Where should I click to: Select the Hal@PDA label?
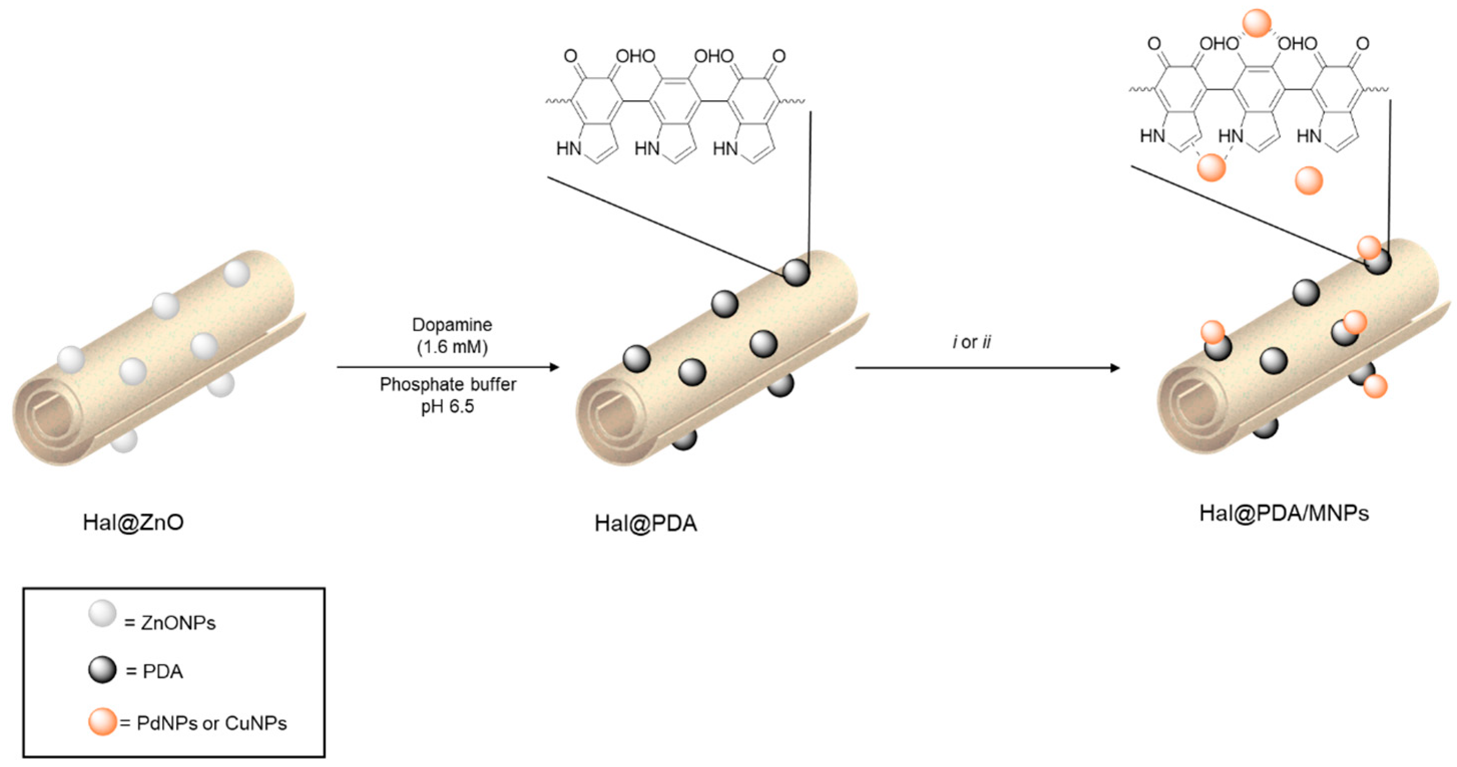click(645, 523)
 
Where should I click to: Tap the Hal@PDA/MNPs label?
click(1284, 513)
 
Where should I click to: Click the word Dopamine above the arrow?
click(452, 325)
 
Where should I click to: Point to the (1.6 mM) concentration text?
click(452, 346)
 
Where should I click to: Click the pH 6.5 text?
click(447, 406)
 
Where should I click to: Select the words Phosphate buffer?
click(447, 385)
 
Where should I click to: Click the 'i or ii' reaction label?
click(971, 342)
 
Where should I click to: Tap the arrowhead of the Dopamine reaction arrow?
click(555, 367)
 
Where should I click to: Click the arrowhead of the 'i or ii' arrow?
click(1115, 368)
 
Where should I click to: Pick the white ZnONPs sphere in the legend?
click(102, 614)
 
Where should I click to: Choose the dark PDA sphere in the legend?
click(102, 670)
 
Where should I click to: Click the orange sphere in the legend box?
click(102, 722)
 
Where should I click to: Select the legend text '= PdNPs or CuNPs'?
click(204, 723)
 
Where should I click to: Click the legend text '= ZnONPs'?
click(170, 623)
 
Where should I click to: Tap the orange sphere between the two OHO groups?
click(1256, 24)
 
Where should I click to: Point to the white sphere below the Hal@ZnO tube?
click(124, 441)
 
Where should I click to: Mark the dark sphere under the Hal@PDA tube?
click(684, 440)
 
